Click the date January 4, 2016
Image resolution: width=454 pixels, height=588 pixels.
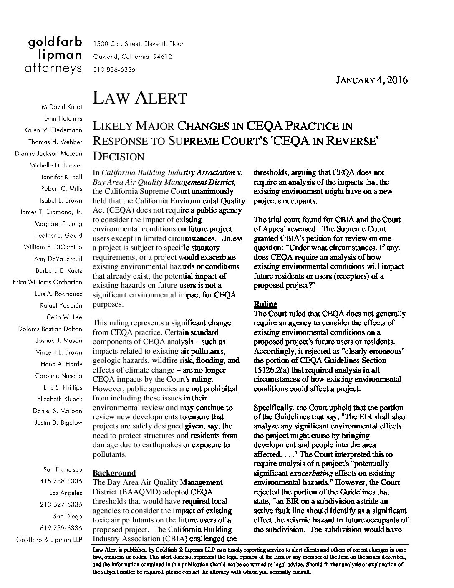(372, 80)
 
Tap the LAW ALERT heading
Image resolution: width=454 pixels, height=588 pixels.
(139, 98)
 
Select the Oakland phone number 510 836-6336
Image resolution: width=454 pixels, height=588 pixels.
(114, 70)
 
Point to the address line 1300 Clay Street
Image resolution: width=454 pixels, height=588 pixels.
(138, 43)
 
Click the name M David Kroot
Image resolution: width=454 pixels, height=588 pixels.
(61, 107)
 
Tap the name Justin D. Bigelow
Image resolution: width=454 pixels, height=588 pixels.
(58, 422)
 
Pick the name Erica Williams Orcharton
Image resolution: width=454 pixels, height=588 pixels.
(48, 282)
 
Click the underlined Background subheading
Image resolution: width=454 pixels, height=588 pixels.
(114, 473)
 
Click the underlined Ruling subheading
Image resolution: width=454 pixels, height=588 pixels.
(265, 304)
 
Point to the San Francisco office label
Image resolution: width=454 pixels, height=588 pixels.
(63, 469)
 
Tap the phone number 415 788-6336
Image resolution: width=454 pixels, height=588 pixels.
(61, 481)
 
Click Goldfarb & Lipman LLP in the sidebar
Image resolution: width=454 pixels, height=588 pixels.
(49, 540)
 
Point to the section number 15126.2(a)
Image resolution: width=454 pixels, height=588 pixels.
(272, 370)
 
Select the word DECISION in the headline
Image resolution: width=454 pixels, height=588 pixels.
(118, 157)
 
